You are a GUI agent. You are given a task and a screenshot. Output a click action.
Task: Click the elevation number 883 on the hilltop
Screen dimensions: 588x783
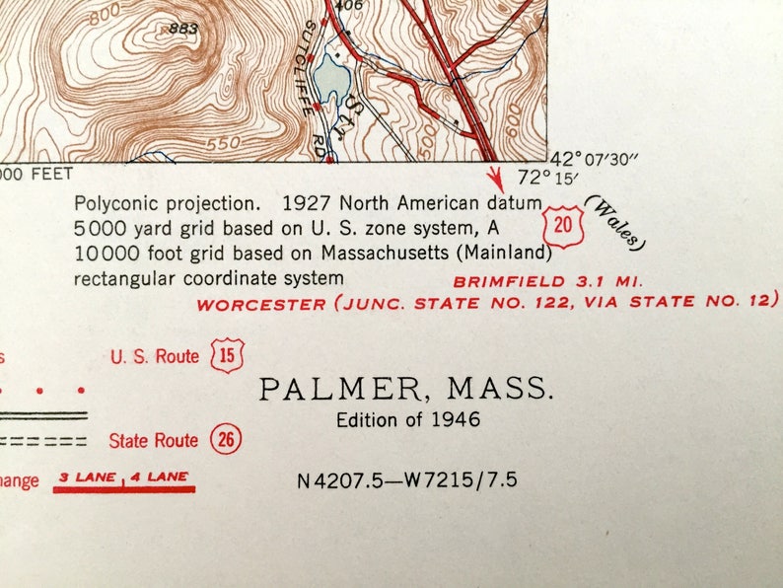[x=183, y=29]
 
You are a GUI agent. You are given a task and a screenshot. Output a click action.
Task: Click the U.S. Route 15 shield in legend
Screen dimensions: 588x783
[x=228, y=355]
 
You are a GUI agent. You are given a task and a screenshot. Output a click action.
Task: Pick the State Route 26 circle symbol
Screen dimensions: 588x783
[x=227, y=440]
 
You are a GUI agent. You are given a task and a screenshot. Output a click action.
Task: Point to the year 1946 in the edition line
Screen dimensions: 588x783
[x=456, y=419]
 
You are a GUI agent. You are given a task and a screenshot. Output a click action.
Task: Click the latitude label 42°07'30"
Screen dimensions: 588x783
[x=595, y=160]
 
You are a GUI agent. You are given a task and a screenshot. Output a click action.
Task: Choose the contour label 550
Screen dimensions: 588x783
[x=224, y=143]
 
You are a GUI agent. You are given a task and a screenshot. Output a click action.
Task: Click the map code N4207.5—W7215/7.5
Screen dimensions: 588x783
[x=406, y=481]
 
